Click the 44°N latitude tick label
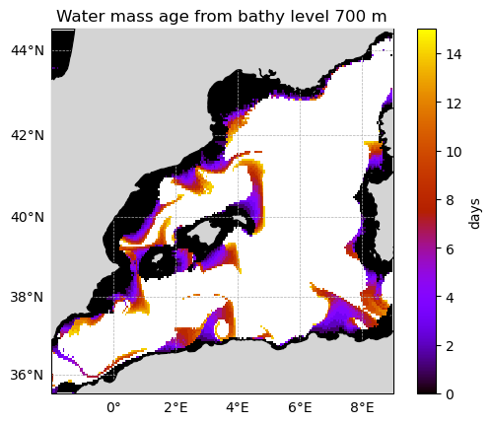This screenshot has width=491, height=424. point(28,51)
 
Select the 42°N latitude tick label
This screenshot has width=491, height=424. point(28,135)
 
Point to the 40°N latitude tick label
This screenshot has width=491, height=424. point(28,217)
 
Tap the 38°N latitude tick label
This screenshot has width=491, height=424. point(28,297)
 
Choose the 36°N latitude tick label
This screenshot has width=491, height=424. point(28,375)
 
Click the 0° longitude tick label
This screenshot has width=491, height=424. point(113,408)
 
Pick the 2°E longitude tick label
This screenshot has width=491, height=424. point(175,408)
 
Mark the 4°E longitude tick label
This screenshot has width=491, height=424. point(238,408)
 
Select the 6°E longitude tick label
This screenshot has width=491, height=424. point(300,408)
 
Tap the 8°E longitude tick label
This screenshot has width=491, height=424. point(362,408)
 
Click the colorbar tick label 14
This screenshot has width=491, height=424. point(454,54)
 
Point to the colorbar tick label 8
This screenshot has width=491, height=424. point(450,200)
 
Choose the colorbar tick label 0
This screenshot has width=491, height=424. point(450,394)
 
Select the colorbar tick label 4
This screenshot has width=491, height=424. point(450,298)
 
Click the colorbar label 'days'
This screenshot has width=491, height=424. point(474,214)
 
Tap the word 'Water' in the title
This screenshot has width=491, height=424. point(82,16)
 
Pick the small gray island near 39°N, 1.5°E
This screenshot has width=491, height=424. point(158,258)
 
